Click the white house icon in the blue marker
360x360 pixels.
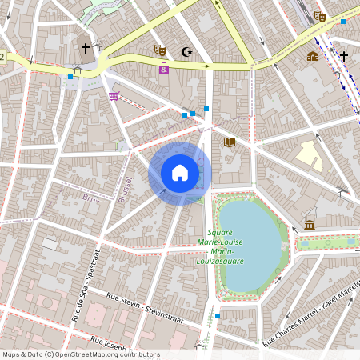tap(180, 172)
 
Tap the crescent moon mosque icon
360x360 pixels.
tap(188, 52)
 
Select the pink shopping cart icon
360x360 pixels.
tap(114, 97)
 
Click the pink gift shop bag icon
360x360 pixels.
tap(164, 69)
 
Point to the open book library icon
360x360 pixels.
tap(230, 142)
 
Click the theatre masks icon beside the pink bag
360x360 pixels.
tap(159, 50)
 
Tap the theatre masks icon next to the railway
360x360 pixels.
tap(320, 17)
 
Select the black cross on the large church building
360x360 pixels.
tap(86, 49)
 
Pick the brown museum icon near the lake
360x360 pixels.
tap(310, 225)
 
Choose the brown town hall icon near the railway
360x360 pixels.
tap(312, 57)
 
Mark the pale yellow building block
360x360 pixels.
tap(308, 155)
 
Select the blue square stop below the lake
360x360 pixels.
tap(217, 316)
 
